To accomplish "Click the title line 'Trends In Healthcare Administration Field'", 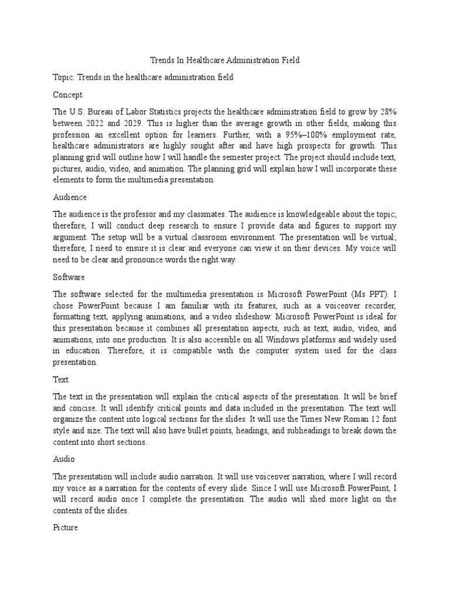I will click(x=225, y=60).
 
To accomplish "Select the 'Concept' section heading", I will click(x=67, y=94).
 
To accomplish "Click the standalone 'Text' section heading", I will click(x=60, y=380).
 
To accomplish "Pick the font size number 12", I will click(x=381, y=420).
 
